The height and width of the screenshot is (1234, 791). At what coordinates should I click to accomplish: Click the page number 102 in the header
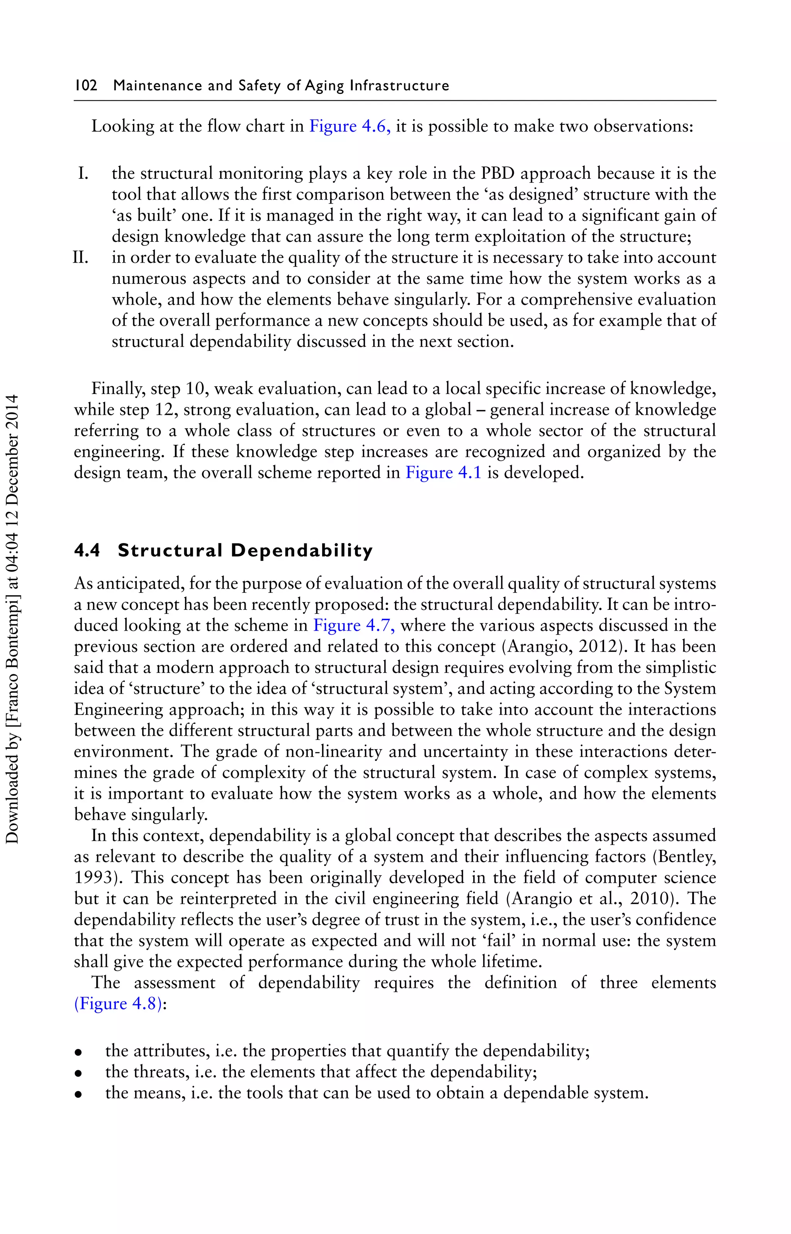click(x=86, y=85)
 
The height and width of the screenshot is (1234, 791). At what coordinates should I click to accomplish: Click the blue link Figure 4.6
click(x=349, y=126)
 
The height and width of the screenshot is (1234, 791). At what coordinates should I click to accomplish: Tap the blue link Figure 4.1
click(x=443, y=472)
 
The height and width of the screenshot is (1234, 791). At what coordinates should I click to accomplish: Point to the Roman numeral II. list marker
click(x=81, y=257)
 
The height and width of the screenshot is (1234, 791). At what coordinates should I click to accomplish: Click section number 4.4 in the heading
click(x=87, y=550)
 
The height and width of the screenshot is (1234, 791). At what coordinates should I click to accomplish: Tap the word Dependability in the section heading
click(x=302, y=550)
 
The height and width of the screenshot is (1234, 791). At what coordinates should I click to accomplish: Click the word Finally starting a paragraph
click(x=119, y=389)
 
